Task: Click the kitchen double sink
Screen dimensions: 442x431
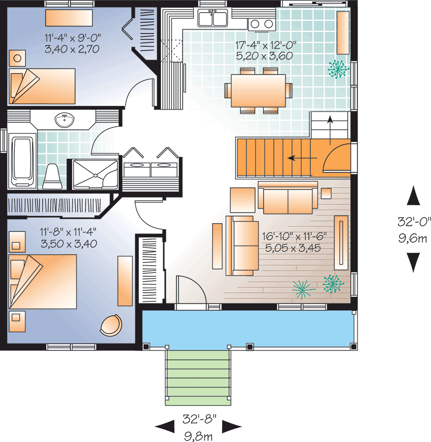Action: (213, 19)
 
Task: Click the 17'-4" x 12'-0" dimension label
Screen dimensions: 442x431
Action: (265, 51)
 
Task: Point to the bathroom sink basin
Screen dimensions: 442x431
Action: (64, 120)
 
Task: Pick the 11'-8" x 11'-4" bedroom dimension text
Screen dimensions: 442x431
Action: (68, 237)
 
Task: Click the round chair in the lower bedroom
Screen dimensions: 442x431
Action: (112, 324)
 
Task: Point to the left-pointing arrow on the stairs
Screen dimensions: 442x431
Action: (299, 158)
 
